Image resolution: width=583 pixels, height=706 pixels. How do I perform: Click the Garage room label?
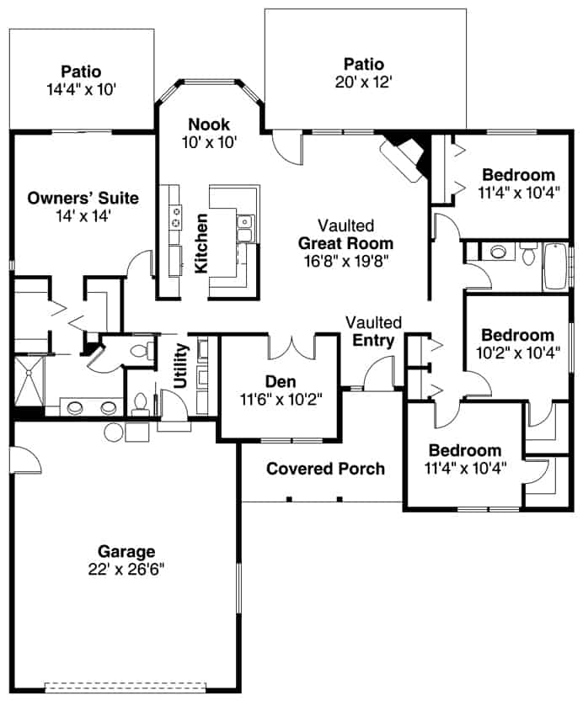point(126,552)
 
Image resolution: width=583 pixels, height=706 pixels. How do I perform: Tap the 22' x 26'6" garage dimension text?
point(126,569)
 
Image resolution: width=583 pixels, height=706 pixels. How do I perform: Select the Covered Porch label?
point(325,469)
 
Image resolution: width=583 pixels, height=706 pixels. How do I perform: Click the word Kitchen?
point(202,243)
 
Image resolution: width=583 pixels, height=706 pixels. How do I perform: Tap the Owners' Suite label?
point(83,199)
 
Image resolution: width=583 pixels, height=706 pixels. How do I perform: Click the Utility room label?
point(179,365)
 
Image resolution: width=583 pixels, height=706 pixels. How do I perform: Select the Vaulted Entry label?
point(374,332)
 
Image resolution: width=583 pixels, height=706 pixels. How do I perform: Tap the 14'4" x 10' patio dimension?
point(81,88)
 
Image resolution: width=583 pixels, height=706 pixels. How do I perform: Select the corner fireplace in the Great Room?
point(404,157)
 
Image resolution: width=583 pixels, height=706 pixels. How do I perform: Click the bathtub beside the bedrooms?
point(556,266)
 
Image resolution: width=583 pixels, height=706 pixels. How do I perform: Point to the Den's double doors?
point(291,346)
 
